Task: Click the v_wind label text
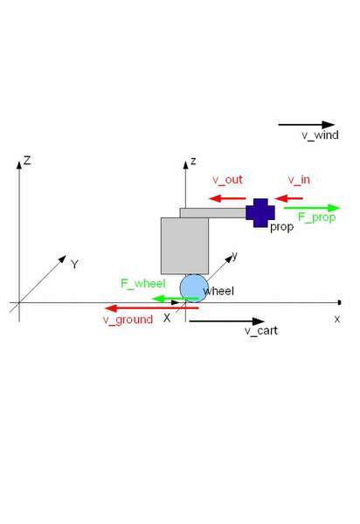coord(320,135)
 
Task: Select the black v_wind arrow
coord(307,125)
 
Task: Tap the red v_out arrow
coord(227,198)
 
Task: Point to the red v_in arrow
coord(288,198)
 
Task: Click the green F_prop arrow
coord(312,208)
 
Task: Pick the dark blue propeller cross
coord(260,213)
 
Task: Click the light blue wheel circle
coord(194,288)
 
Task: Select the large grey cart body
coord(184,246)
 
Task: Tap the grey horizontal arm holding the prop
coord(213,213)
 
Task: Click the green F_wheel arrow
coord(175,299)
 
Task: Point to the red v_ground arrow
coord(152,308)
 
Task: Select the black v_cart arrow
coord(227,321)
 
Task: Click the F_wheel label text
coord(143,284)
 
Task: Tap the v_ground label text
coord(128,320)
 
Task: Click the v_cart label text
coord(261,331)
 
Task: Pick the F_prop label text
coord(317,217)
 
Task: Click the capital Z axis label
coord(27,161)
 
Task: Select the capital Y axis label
coord(74,265)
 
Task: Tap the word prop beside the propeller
coord(281,227)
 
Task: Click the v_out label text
coord(228,180)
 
